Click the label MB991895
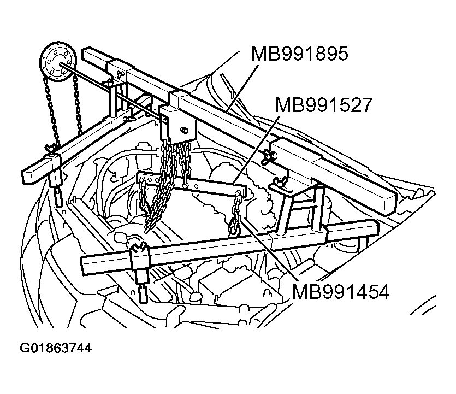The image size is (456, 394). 299,55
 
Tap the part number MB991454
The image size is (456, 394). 340,292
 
